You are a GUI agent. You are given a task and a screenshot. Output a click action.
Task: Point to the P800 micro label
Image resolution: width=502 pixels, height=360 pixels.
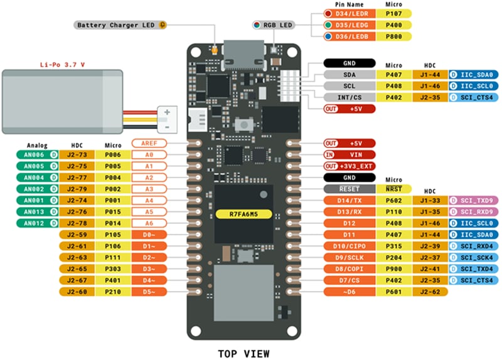coord(393,36)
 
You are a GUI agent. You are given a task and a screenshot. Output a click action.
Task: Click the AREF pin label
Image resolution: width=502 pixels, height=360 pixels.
coord(150,142)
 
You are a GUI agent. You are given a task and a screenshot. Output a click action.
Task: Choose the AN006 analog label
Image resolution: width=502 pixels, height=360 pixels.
coord(35,154)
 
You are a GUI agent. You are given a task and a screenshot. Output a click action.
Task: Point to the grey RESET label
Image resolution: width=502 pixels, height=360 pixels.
coord(350,189)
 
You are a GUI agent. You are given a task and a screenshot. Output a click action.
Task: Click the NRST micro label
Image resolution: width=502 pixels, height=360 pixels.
coord(393,189)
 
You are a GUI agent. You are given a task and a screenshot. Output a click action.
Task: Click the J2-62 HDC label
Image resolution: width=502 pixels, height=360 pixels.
coord(430,292)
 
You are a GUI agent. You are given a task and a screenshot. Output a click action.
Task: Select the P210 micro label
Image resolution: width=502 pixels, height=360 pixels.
coord(113,292)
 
